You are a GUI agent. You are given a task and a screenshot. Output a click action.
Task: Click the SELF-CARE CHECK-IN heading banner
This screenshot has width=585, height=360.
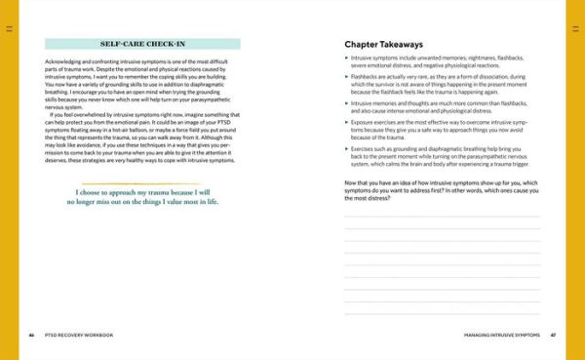coord(142,44)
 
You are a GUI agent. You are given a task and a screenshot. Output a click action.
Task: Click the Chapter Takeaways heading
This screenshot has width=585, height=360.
coord(385,44)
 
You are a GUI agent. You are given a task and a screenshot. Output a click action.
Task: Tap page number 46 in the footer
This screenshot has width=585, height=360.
coord(32,335)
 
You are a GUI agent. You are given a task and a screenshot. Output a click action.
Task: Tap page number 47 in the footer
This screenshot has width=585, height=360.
coord(553,335)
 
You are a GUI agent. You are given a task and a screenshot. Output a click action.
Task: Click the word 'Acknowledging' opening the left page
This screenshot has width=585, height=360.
coord(63,61)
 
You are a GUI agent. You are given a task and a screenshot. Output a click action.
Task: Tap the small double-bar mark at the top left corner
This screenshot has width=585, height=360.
coord(10,30)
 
